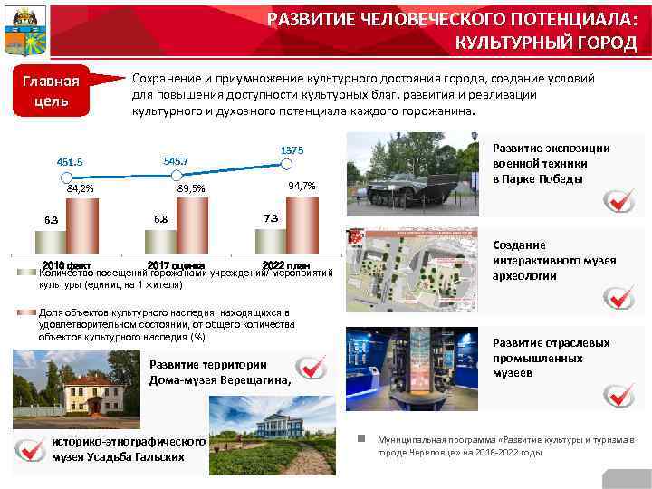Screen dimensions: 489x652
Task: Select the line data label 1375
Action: click(292, 149)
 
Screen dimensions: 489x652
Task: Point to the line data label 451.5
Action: click(70, 162)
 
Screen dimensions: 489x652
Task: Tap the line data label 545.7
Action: click(176, 160)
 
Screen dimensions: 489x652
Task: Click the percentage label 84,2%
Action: click(80, 188)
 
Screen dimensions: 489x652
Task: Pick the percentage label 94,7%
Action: click(301, 186)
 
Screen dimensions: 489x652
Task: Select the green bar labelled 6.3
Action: click(51, 241)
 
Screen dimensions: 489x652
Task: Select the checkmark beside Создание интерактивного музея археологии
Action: click(619, 295)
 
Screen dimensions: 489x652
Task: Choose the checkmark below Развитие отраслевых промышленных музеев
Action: click(619, 395)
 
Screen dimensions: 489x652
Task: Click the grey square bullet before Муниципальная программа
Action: click(360, 438)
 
